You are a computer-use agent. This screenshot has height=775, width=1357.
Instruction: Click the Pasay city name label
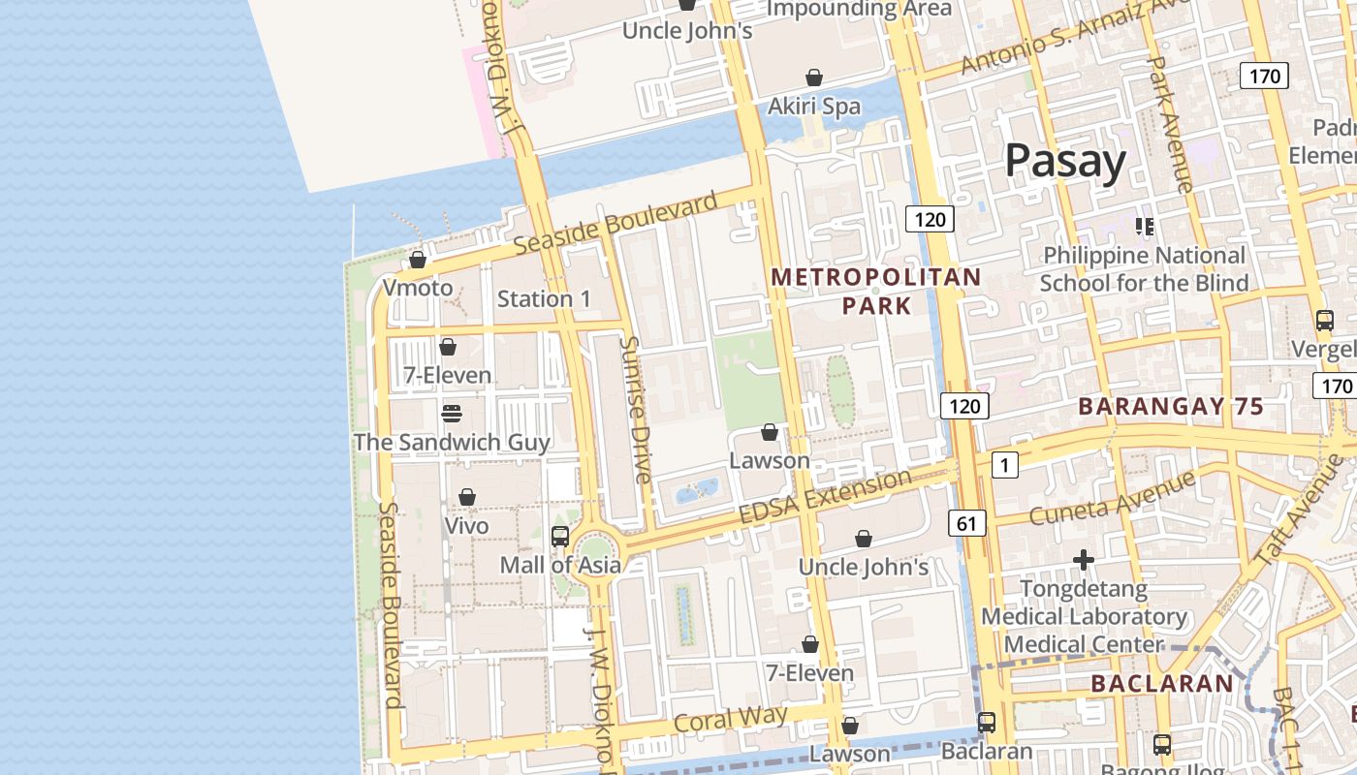pos(1064,161)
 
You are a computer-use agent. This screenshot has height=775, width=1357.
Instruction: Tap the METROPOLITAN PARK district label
pos(876,292)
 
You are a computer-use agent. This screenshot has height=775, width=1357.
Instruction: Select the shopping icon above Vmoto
pos(418,260)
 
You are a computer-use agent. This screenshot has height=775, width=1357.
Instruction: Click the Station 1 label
pos(544,298)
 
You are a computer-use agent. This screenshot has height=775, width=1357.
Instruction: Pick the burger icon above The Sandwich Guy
pos(451,414)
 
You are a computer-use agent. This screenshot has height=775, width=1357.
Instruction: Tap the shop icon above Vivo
pos(466,497)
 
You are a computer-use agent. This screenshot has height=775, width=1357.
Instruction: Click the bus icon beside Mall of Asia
pos(559,536)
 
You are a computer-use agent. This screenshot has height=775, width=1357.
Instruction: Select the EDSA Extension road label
pos(825,497)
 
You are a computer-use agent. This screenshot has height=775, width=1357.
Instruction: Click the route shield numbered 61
pos(966,524)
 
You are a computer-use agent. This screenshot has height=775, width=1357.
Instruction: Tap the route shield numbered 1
pos(1004,466)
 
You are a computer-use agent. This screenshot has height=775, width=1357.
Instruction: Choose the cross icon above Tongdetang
pos(1083,560)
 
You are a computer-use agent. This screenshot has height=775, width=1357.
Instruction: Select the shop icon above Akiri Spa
pos(814,77)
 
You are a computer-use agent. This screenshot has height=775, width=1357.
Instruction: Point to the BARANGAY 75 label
pos(1171,407)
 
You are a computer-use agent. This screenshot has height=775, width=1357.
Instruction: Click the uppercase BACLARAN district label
pos(1161,684)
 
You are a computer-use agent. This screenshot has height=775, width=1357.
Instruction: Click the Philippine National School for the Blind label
pos(1144,269)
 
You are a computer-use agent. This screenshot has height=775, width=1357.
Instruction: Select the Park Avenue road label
pos(1170,123)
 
